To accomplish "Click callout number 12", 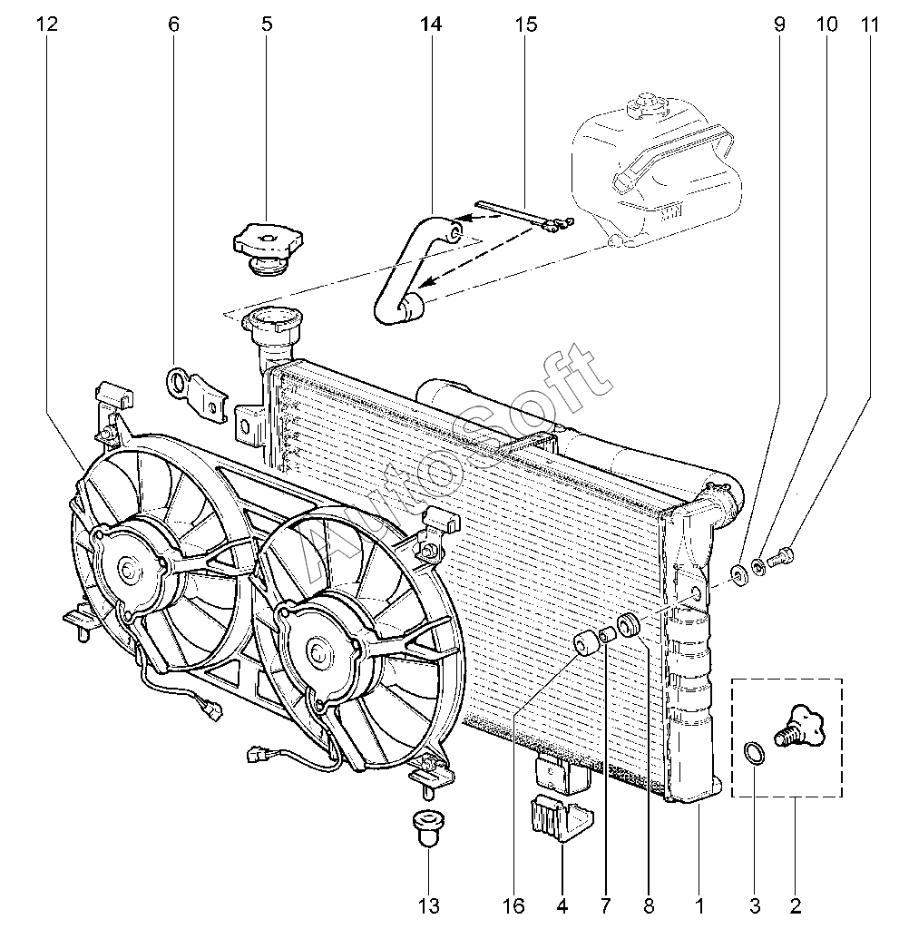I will (47, 24).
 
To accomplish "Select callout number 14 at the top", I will (431, 24).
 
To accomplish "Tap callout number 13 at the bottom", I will (428, 905).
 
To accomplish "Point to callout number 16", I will (513, 905).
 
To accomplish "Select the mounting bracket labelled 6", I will (197, 392).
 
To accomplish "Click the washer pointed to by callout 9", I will (739, 572).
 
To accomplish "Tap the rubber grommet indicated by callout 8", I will (629, 623).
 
